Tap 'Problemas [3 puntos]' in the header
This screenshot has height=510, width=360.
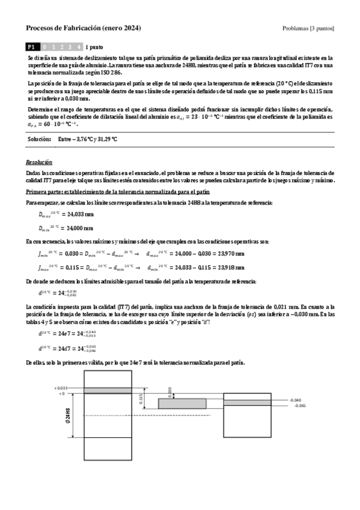[x=308, y=29]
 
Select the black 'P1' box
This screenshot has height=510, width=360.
[x=32, y=46]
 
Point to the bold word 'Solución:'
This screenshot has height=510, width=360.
[x=40, y=139]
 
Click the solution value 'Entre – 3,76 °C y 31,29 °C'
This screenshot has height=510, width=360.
[x=88, y=139]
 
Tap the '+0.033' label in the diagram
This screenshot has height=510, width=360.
[x=63, y=389]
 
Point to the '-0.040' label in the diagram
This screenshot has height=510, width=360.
[x=294, y=400]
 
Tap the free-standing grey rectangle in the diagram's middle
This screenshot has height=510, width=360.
[x=182, y=404]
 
